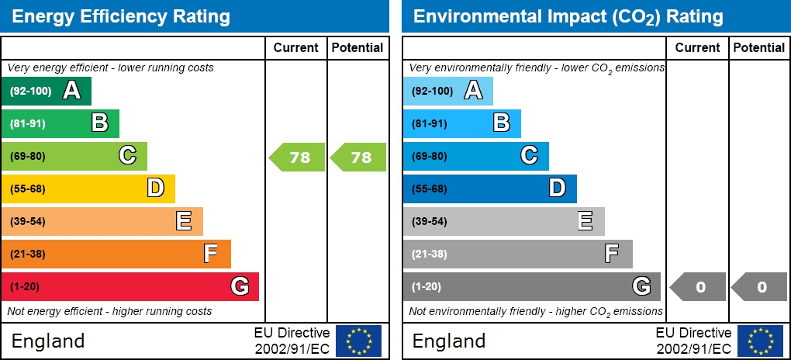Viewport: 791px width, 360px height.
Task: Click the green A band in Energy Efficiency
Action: tap(47, 91)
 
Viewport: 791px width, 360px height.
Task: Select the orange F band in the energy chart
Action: tap(116, 254)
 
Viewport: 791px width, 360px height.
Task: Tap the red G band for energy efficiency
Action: tap(130, 286)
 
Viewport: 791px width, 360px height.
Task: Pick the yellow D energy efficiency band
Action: tap(88, 189)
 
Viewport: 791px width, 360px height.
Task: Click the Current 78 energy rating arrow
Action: tap(298, 157)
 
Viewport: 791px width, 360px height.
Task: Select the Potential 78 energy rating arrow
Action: tap(359, 157)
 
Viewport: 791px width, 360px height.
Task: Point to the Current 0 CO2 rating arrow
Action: tap(699, 287)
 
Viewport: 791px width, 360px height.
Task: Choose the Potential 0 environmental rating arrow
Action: tap(760, 287)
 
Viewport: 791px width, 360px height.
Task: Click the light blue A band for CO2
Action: tap(447, 91)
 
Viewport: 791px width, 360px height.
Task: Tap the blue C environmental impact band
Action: tap(475, 156)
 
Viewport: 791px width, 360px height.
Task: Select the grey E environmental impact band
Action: tap(503, 221)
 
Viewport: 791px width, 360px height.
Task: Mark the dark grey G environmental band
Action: tap(531, 286)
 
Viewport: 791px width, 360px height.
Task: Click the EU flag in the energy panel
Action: tap(358, 341)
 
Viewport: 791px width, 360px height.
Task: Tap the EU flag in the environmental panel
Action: tap(760, 341)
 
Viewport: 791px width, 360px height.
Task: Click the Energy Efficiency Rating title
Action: tap(121, 16)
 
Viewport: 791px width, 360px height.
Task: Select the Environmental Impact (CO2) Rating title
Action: tap(568, 16)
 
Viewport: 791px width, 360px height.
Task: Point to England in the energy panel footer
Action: tap(48, 341)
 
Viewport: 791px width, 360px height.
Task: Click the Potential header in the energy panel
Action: tap(358, 47)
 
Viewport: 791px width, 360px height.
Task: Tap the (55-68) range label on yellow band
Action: tap(28, 189)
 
